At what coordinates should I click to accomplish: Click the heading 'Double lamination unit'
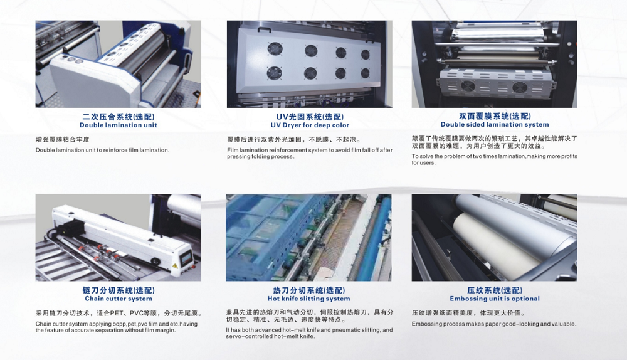(119, 125)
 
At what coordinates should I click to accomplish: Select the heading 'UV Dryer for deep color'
(310, 125)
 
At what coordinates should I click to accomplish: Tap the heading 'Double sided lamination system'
(495, 124)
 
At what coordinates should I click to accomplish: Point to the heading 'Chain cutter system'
(119, 299)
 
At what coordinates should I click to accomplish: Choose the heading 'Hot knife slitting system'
(308, 299)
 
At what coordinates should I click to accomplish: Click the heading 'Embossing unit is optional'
(495, 299)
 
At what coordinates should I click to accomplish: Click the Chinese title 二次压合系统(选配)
(119, 117)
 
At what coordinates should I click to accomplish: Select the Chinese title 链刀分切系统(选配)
(119, 290)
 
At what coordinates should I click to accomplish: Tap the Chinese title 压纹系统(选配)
(495, 290)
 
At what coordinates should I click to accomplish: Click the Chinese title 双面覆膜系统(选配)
(495, 116)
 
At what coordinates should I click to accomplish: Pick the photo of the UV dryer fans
(310, 64)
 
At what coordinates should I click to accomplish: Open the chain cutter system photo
(119, 238)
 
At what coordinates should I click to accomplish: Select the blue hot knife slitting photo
(308, 238)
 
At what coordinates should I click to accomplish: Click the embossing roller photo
(495, 238)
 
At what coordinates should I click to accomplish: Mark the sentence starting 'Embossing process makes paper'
(494, 324)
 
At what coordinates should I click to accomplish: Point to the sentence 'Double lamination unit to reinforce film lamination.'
(102, 151)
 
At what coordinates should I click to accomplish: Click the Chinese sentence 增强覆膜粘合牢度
(62, 140)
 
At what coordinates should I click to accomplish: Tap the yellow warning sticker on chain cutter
(174, 267)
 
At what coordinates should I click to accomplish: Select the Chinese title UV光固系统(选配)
(310, 117)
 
